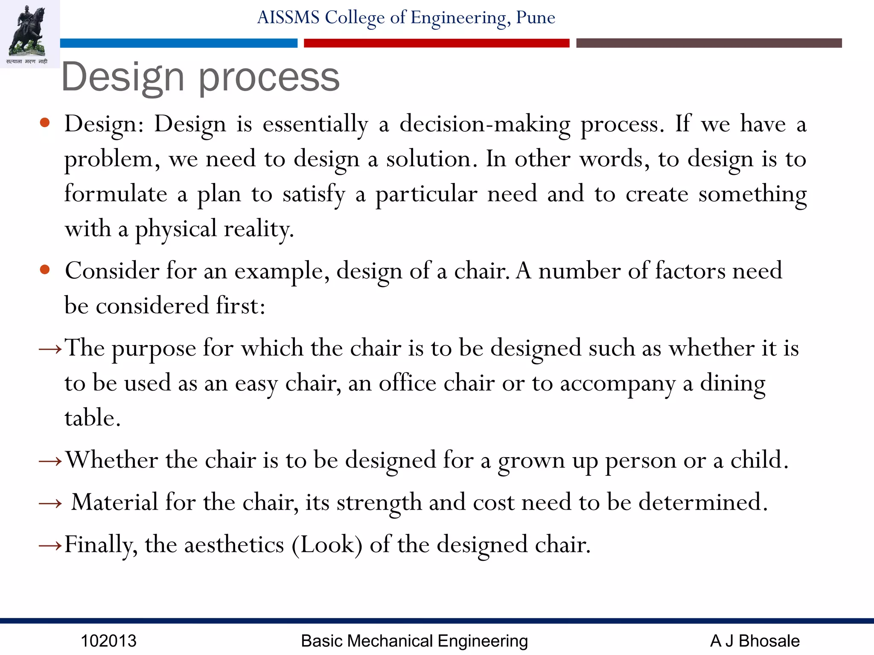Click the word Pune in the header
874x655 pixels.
(x=535, y=18)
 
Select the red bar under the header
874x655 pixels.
(x=436, y=43)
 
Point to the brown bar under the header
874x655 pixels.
(x=708, y=43)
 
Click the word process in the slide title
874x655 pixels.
(x=269, y=78)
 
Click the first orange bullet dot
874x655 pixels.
(x=45, y=123)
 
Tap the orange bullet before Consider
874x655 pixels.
(x=45, y=270)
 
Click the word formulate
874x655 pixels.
(x=116, y=194)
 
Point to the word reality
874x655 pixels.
(x=259, y=229)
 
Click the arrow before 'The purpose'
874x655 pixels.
(x=50, y=350)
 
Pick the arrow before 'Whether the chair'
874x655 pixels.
(x=50, y=461)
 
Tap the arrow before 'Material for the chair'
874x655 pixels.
(x=50, y=504)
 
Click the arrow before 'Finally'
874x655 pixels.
(x=50, y=546)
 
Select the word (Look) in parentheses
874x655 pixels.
(x=327, y=545)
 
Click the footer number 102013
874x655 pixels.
(x=108, y=641)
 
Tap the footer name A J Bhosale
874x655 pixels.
(x=755, y=641)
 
